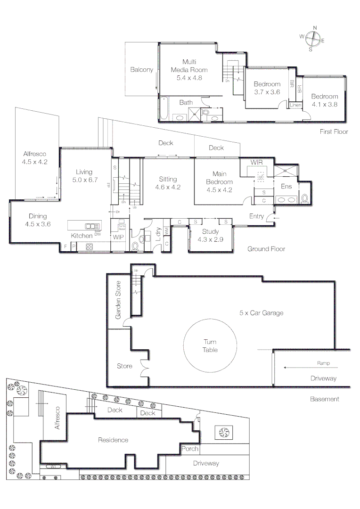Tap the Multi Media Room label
[x=189, y=70]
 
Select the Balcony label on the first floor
[x=142, y=70]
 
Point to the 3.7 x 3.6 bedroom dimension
[x=267, y=92]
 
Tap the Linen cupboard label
[x=296, y=105]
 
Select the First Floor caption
[x=334, y=131]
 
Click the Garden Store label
[x=119, y=300]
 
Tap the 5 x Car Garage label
[x=261, y=312]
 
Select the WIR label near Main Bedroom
[x=256, y=162]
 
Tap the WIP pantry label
[x=118, y=237]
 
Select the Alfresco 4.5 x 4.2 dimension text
[x=35, y=162]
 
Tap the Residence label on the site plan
[x=113, y=440]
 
